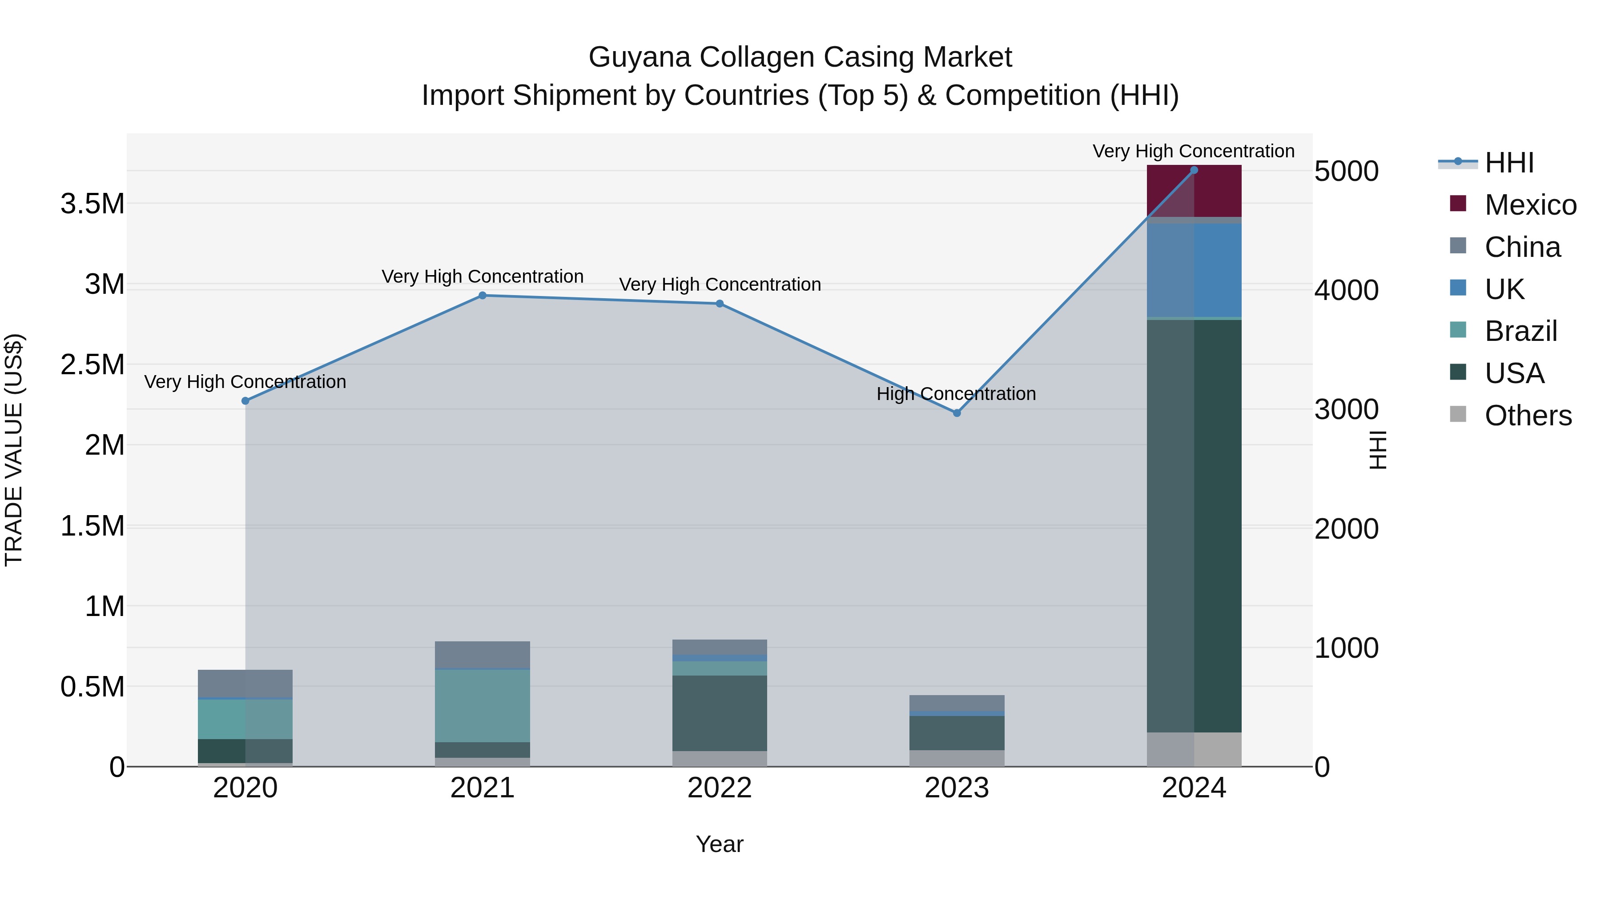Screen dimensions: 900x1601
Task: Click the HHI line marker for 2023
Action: click(x=957, y=413)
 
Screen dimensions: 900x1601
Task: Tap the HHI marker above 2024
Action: click(x=1194, y=170)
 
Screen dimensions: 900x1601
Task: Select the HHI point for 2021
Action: click(x=482, y=296)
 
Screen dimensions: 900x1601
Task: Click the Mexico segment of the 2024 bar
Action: click(x=1194, y=191)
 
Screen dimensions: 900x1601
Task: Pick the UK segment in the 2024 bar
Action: click(x=1194, y=270)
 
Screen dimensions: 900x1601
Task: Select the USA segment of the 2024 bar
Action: click(x=1194, y=525)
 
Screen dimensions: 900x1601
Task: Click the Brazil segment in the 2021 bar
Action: click(x=482, y=706)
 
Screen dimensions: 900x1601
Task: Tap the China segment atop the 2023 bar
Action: click(x=957, y=703)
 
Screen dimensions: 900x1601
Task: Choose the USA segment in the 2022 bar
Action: click(x=720, y=713)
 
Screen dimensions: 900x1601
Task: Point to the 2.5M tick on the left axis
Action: click(x=93, y=364)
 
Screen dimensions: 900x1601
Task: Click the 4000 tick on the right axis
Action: click(x=1346, y=290)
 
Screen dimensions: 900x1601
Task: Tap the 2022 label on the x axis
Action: click(x=720, y=788)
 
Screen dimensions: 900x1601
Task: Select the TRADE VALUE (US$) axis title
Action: click(x=14, y=450)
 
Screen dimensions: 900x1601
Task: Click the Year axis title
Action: click(x=720, y=844)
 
